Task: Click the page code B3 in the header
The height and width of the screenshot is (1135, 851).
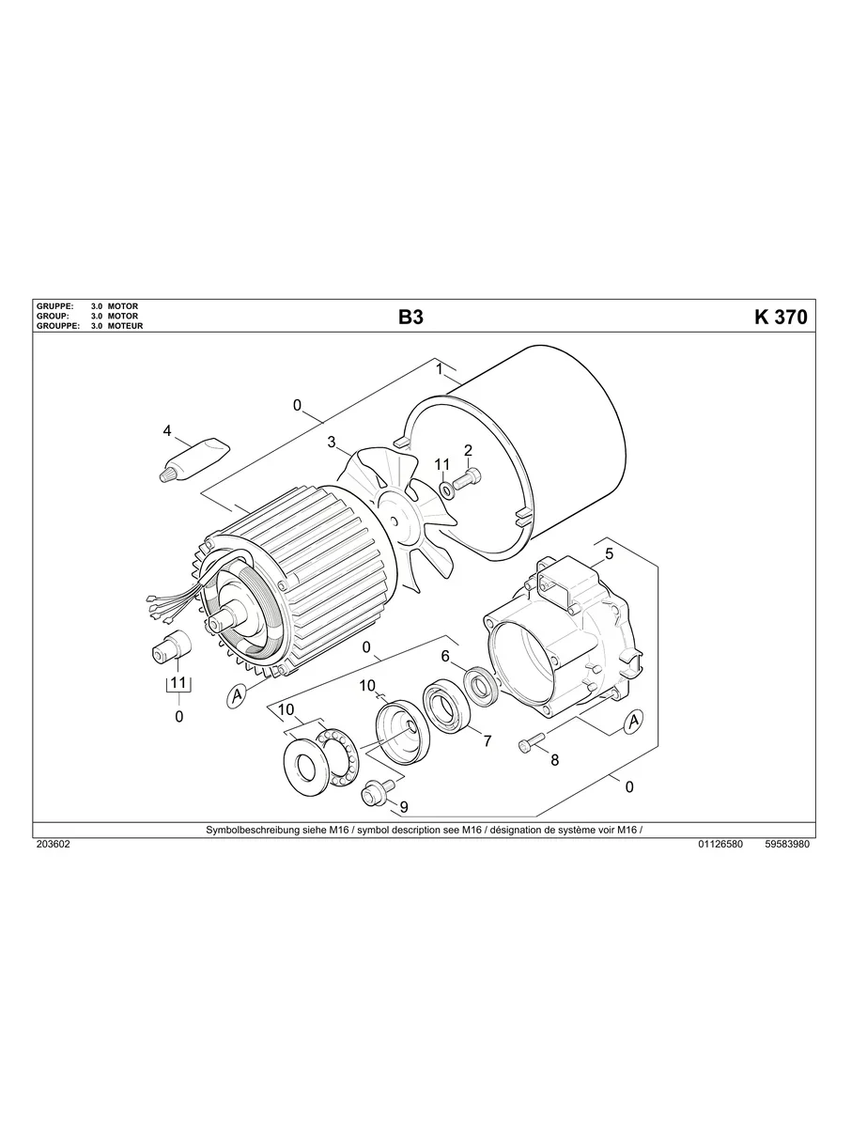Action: click(x=410, y=318)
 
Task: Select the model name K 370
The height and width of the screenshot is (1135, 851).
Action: click(x=780, y=318)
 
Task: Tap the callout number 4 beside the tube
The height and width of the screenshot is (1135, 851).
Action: click(x=167, y=431)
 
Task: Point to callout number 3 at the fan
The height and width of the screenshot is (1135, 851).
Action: click(x=332, y=442)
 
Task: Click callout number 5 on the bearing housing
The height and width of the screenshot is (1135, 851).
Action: click(x=609, y=554)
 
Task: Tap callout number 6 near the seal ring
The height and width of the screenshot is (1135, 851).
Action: click(x=445, y=656)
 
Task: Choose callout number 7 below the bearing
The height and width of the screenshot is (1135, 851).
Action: click(x=487, y=741)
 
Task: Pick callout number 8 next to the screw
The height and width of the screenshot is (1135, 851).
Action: click(x=554, y=760)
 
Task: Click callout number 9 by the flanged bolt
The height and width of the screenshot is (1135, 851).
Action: click(x=404, y=806)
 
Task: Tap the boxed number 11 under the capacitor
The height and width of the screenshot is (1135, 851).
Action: click(x=178, y=683)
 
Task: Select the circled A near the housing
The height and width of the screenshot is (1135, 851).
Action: click(x=633, y=720)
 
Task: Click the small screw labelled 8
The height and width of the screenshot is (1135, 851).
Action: click(x=529, y=742)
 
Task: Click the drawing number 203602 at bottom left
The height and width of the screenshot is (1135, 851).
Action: click(x=53, y=844)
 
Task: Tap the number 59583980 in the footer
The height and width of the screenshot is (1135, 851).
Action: click(x=787, y=844)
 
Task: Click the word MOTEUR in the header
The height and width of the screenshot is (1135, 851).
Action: click(x=125, y=326)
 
